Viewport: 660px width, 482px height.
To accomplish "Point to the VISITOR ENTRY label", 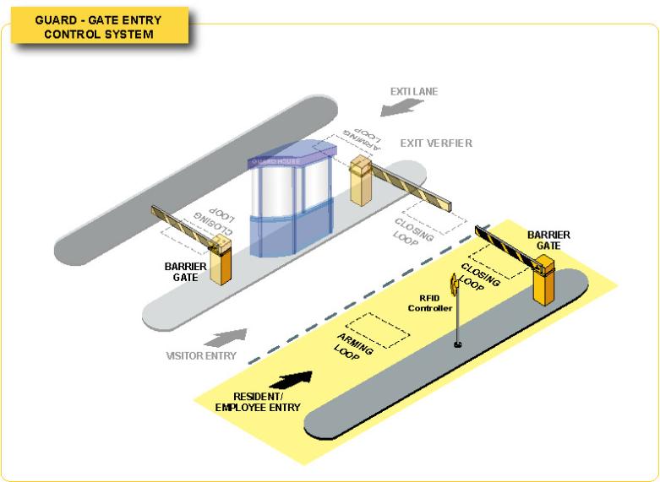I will (200, 355).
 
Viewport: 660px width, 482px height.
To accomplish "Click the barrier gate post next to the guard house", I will (363, 182).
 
